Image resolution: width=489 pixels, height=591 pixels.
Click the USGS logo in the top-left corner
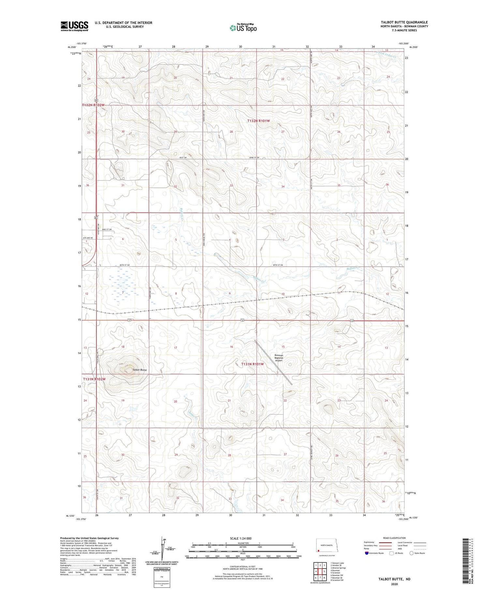pos(74,26)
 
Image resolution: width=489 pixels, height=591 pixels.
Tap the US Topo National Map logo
pos(243,28)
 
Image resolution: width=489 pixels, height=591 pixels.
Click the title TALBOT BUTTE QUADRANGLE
pos(404,22)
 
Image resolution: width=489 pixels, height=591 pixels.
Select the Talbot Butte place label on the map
pos(140,370)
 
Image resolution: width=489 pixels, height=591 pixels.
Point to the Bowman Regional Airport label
pos(278,358)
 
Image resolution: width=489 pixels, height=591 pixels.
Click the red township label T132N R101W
pos(259,121)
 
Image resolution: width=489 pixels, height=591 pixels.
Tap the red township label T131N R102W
pos(94,379)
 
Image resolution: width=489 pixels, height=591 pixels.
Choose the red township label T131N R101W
pos(252,364)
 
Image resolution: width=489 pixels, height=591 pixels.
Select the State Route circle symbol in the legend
pos(411,553)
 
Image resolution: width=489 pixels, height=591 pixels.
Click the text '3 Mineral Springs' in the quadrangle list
pos(338,568)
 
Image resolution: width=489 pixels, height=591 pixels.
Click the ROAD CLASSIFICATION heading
pos(394,538)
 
